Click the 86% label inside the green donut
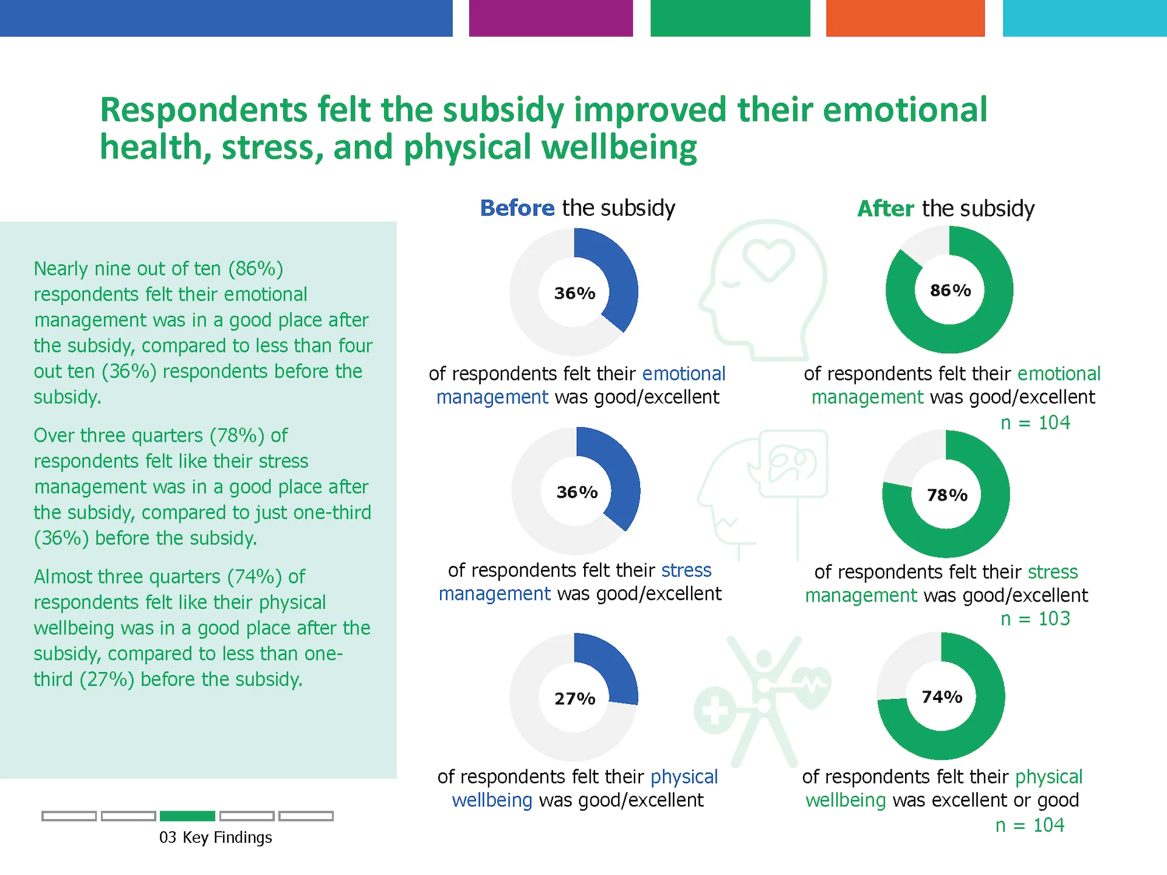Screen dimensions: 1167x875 click(x=951, y=290)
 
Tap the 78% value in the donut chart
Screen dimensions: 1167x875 click(x=947, y=495)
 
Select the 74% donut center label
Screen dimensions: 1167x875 click(x=942, y=697)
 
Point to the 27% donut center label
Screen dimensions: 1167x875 click(x=575, y=699)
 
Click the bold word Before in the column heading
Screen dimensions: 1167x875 click(x=517, y=208)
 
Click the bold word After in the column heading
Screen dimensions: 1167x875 click(x=886, y=208)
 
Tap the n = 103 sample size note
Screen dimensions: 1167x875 click(x=1035, y=619)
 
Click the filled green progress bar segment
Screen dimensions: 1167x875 click(x=187, y=816)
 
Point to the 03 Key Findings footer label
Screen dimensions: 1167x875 click(x=216, y=837)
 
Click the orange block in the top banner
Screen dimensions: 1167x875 click(x=905, y=18)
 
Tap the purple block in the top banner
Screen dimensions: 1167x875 click(x=551, y=18)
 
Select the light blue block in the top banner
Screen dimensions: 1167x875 click(x=1085, y=18)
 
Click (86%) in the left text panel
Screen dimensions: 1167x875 click(x=256, y=269)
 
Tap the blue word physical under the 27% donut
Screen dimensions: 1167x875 click(x=684, y=777)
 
